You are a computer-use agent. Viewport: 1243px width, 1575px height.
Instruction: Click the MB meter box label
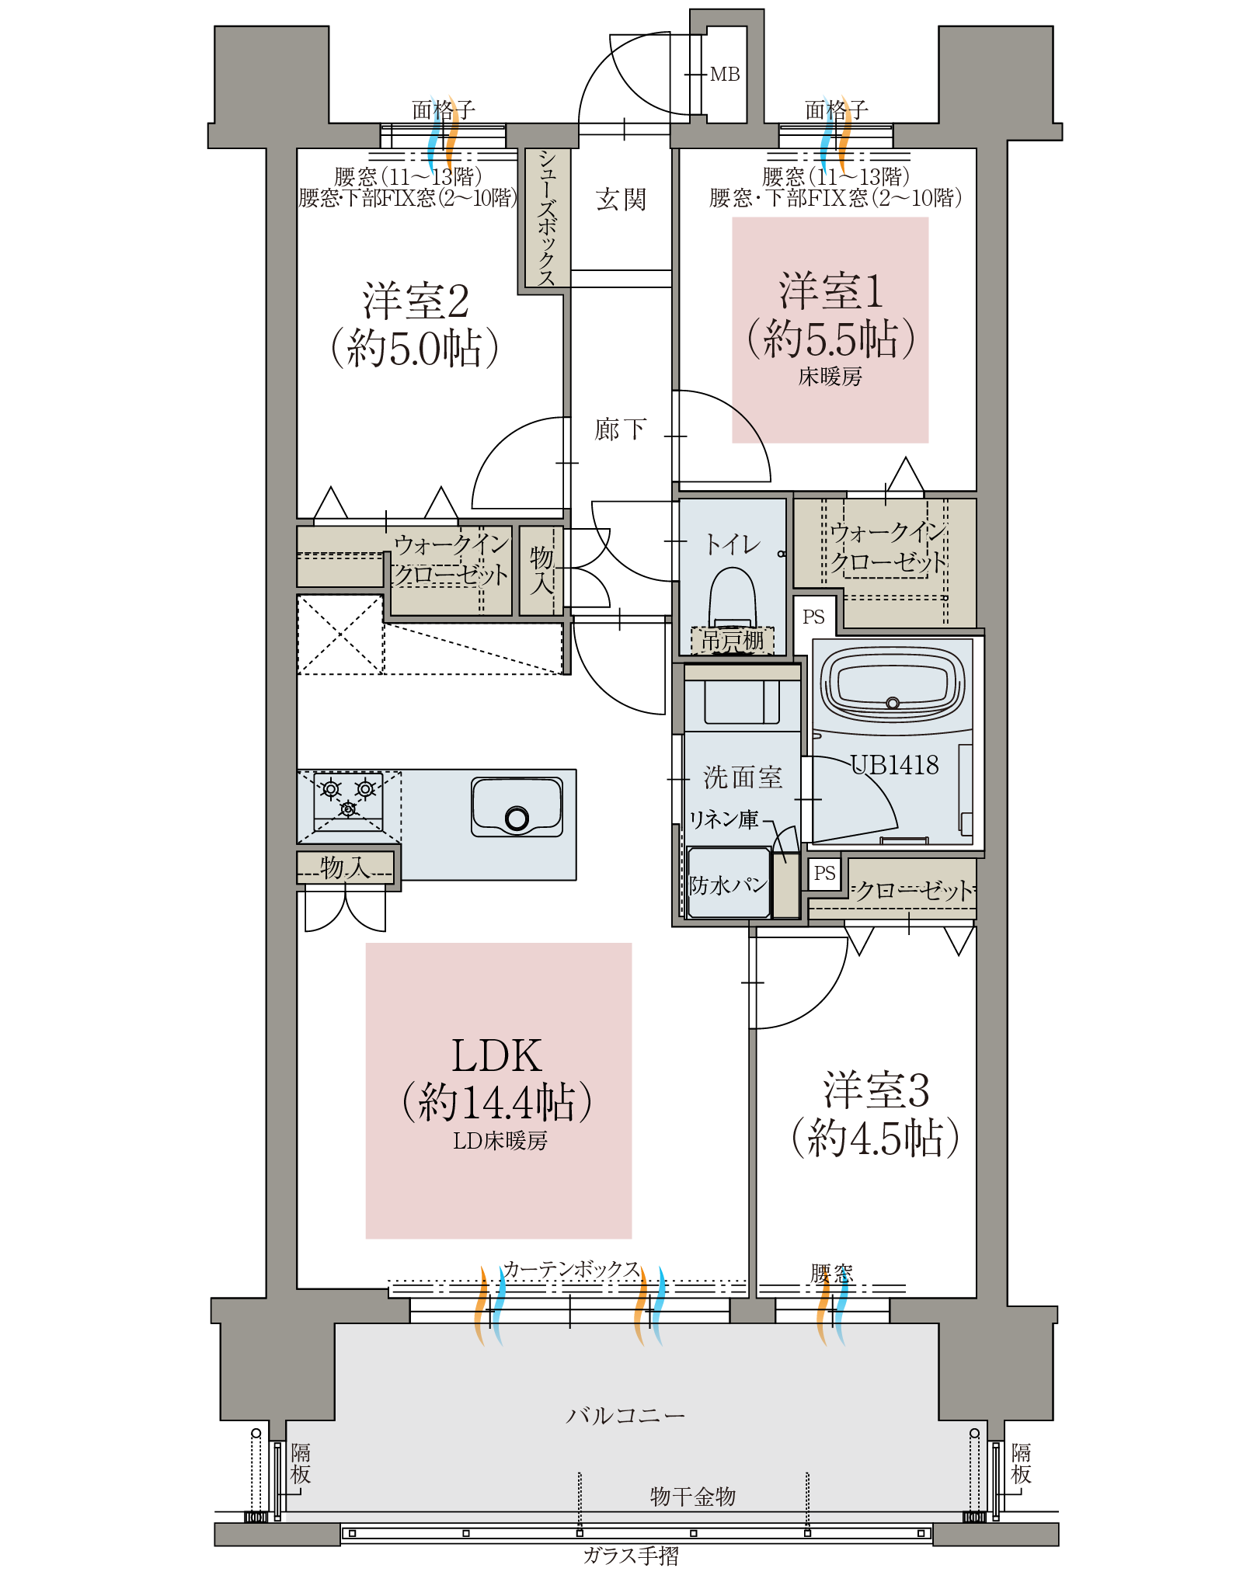tap(725, 75)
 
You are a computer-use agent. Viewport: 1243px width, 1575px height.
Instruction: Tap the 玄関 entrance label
tap(621, 200)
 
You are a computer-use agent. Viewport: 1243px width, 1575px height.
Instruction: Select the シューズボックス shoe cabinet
tap(547, 218)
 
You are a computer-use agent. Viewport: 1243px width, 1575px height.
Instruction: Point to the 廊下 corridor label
tap(620, 429)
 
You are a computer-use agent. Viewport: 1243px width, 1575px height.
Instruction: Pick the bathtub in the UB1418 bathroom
tap(893, 684)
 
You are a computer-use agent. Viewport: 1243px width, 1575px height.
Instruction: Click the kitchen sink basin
tap(517, 807)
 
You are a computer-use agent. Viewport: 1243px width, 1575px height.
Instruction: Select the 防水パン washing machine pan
tap(729, 883)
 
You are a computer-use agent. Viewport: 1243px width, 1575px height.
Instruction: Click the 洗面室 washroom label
tap(743, 777)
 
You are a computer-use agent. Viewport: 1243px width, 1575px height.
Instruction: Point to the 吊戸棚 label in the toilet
tap(733, 641)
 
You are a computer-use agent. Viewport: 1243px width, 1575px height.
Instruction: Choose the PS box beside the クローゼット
tap(824, 873)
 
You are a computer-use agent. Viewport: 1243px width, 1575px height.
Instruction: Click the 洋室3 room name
tap(876, 1090)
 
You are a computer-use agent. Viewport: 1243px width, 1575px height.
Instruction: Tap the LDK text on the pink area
tap(497, 1056)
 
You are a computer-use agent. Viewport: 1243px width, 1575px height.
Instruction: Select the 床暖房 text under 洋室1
tap(830, 377)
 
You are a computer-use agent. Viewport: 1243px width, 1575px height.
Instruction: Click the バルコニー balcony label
tap(625, 1415)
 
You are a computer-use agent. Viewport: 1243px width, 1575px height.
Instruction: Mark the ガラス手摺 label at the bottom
tap(631, 1556)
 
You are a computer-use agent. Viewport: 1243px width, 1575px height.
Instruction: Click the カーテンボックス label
tap(571, 1269)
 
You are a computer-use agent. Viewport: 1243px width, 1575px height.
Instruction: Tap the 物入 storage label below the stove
tap(345, 867)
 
